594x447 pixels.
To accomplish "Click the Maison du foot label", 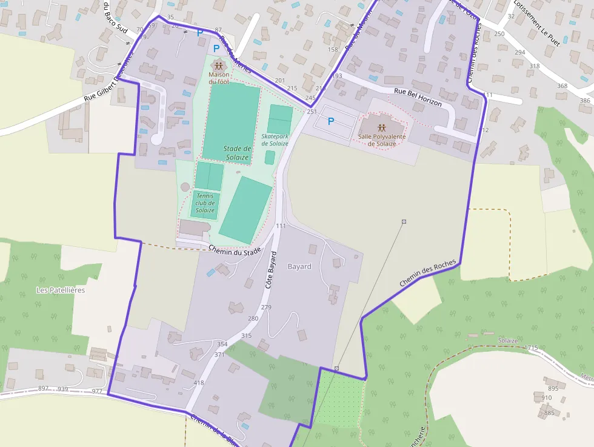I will [219, 78].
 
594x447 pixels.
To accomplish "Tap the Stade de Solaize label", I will [237, 153].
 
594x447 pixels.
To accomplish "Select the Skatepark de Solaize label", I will [275, 140].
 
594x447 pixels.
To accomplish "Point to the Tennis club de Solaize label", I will [205, 203].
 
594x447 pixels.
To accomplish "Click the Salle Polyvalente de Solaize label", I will [381, 140].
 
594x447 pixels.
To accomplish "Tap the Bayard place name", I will [299, 267].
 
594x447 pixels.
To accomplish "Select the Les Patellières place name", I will [61, 290].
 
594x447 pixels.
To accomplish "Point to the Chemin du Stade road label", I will [234, 250].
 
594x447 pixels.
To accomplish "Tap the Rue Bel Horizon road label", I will [418, 98].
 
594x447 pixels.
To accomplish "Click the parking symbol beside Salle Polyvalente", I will [331, 121].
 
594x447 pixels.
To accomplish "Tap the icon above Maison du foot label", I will [218, 65].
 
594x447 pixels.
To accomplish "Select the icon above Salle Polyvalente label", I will [382, 128].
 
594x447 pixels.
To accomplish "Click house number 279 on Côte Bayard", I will [266, 307].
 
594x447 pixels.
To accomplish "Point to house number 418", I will [199, 383].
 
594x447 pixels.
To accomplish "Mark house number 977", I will [97, 391].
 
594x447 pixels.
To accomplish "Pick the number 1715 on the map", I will [531, 348].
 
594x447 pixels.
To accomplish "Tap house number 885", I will [549, 413].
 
